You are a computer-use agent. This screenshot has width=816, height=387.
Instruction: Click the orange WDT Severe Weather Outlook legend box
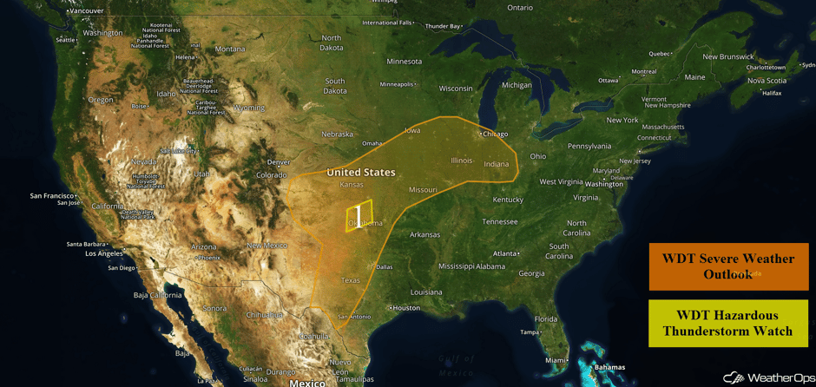point(727,266)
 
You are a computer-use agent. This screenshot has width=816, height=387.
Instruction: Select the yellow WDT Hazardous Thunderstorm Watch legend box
point(727,323)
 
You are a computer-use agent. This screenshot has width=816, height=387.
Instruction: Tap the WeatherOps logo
point(767,377)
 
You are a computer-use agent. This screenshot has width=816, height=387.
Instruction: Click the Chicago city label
point(495,134)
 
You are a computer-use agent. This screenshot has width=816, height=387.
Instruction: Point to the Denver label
point(279,161)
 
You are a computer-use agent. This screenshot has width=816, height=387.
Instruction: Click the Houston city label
point(405,308)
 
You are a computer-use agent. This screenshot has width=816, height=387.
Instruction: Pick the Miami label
point(556,360)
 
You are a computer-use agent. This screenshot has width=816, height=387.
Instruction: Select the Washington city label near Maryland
point(604,184)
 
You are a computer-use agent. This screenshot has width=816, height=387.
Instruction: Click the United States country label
point(360,172)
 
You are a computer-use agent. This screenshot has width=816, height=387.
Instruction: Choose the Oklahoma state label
point(365,223)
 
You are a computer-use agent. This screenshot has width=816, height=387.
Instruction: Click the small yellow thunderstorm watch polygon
point(359,216)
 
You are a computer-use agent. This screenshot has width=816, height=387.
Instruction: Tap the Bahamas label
point(609,367)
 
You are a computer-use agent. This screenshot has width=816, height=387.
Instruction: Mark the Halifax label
point(772,93)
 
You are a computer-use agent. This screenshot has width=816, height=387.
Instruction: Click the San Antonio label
point(354,316)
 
